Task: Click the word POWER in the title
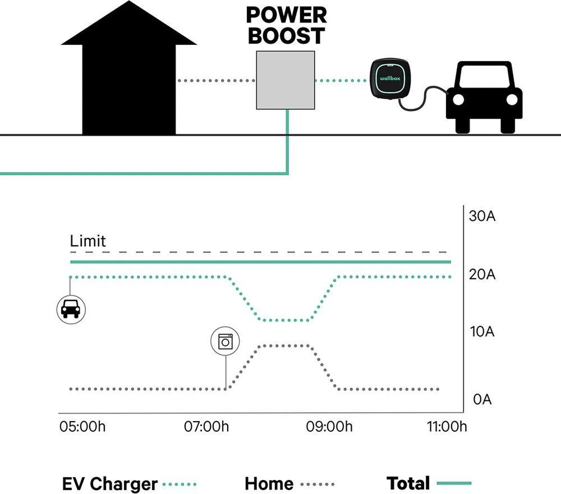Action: coord(286,15)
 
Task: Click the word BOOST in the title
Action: coord(286,36)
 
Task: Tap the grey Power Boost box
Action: coord(285,80)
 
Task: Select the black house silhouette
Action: coord(129,75)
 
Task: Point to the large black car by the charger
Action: coord(484,97)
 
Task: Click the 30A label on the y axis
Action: coord(482,216)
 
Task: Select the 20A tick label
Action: coord(482,274)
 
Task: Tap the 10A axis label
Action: coord(482,332)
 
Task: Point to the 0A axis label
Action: coord(482,400)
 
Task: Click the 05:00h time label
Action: coord(82,427)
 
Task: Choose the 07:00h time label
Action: coord(207,427)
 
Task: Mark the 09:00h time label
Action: coord(330,427)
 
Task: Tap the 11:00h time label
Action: coord(447,427)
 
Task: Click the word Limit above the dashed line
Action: coord(88,241)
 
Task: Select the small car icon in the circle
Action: coord(71,309)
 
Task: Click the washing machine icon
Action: coord(225,342)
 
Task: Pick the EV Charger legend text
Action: coord(110,484)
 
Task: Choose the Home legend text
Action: coord(269,484)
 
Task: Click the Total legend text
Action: coord(408,483)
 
